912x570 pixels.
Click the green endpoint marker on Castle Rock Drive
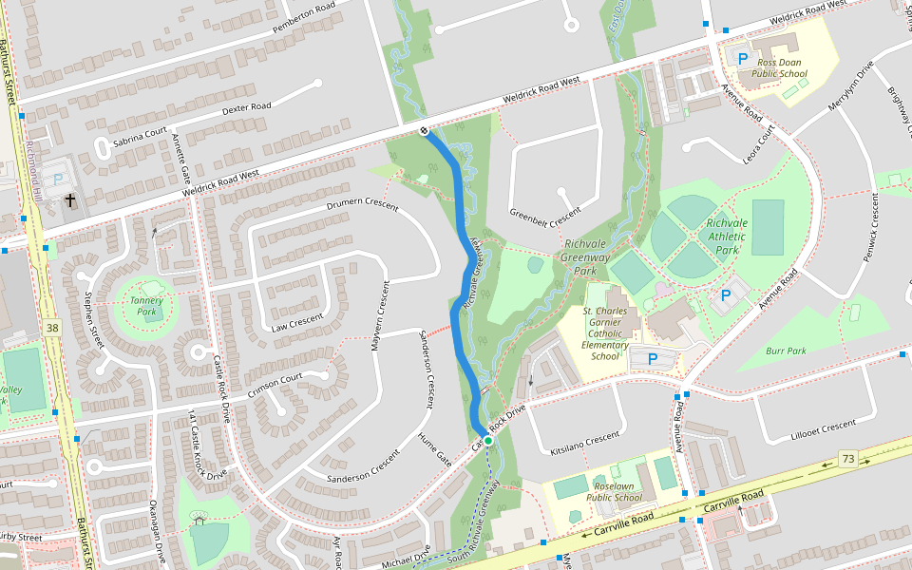coord(487,441)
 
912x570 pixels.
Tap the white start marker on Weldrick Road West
coord(424,130)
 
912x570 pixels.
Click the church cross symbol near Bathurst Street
coord(70,200)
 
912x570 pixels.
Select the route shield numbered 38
coord(51,328)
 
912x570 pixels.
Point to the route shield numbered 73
coord(847,459)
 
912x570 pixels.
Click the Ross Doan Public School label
coord(779,67)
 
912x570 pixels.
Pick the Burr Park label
coord(785,351)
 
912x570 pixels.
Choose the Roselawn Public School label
coord(614,491)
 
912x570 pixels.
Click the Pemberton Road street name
coord(304,17)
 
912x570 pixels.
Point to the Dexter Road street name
coord(246,108)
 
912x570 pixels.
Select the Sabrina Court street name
coord(140,136)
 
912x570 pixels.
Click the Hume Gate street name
coord(434,448)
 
